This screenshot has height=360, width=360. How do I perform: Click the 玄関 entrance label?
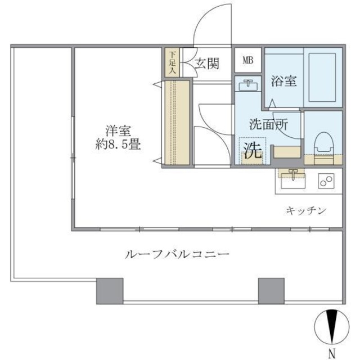[x=206, y=63]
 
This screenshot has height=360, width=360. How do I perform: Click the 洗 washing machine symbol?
[x=251, y=150]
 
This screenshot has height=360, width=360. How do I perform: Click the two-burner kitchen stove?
[x=326, y=181]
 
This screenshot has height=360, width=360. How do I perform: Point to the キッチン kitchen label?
[x=306, y=210]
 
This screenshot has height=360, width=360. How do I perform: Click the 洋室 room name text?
[x=118, y=130]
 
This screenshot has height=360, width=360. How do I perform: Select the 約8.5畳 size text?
[x=118, y=144]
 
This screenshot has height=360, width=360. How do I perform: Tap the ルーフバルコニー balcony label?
[x=177, y=255]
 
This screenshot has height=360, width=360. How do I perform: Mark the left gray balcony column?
[x=110, y=290]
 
